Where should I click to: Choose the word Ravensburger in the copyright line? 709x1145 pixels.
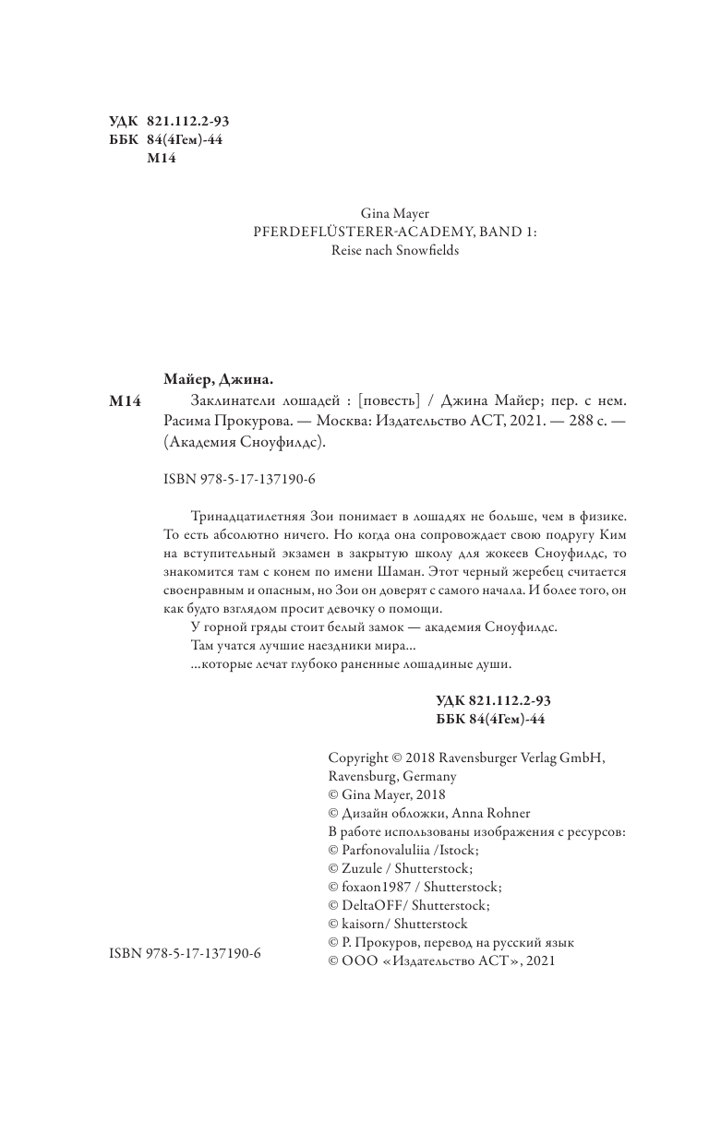click(x=472, y=757)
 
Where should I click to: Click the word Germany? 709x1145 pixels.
click(x=420, y=776)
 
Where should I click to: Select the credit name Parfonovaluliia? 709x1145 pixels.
click(x=391, y=850)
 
